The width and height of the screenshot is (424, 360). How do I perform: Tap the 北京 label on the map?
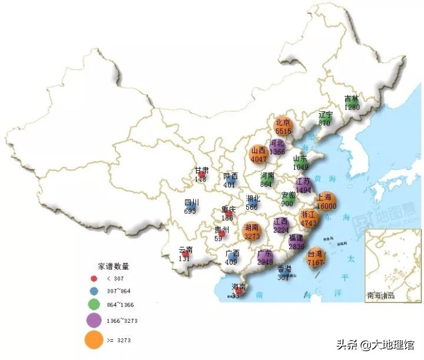pos(283,123)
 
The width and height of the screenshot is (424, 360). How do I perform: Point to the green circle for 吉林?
pos(353,103)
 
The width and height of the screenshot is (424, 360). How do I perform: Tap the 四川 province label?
pos(191,203)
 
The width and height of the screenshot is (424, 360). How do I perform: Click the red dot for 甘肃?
pos(202,174)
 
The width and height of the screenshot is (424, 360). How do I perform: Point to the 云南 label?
pos(185,250)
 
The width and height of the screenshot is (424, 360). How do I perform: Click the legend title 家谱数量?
pos(114,266)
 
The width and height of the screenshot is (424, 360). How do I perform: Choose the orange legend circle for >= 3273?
pos(92,339)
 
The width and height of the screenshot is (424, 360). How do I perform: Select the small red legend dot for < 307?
pos(92,278)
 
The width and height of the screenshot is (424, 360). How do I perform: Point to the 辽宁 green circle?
pos(326,118)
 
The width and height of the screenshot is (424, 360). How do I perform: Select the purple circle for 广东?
pos(266,258)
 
